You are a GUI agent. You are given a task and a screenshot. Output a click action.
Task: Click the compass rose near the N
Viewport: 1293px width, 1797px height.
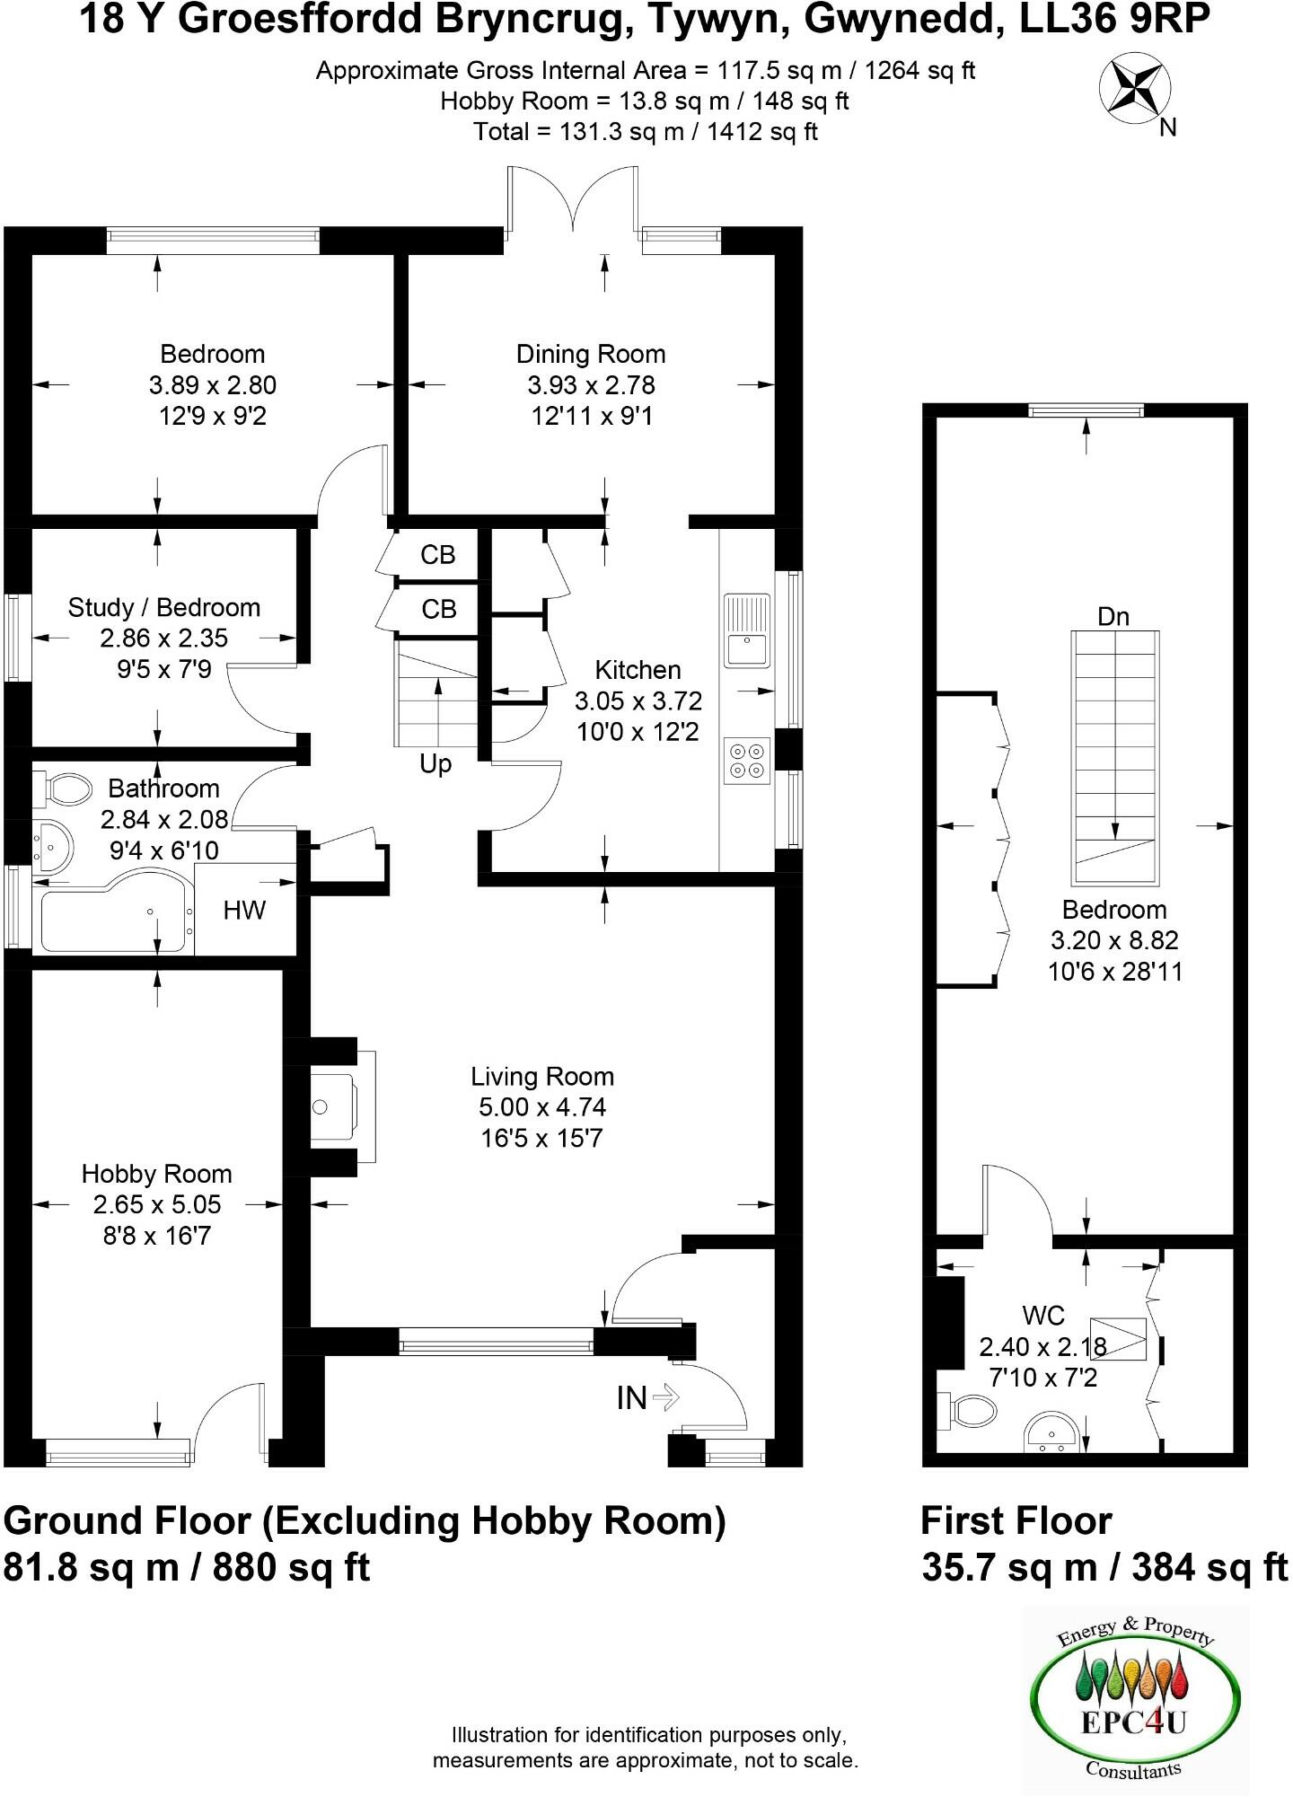click(1135, 87)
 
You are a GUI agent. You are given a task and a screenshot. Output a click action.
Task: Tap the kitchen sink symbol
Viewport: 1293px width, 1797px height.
click(747, 630)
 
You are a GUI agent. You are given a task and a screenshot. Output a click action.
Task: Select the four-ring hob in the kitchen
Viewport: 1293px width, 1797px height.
click(747, 760)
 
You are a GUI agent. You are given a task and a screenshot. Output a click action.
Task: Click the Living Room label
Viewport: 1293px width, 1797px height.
click(542, 1076)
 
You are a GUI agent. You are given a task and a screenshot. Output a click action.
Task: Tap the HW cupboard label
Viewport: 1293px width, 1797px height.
click(244, 910)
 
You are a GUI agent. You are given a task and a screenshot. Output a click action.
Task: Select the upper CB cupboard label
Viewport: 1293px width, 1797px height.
click(438, 555)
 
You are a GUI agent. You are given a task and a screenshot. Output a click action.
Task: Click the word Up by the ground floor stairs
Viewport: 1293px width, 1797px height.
click(435, 763)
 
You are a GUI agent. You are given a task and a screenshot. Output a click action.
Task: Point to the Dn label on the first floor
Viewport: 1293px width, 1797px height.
click(1113, 616)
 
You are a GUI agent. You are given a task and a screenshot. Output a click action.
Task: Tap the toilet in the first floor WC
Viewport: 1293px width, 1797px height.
click(969, 1411)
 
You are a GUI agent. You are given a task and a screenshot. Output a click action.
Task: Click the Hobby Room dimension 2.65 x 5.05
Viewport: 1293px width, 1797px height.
click(156, 1204)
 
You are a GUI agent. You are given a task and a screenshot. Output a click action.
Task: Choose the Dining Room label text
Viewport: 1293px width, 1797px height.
click(591, 354)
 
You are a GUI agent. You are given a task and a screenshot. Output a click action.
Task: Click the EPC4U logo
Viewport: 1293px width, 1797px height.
click(1136, 1701)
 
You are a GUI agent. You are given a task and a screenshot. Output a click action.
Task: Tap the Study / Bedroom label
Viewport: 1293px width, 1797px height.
click(164, 607)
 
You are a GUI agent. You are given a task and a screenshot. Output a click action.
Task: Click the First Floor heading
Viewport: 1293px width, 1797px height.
click(1016, 1521)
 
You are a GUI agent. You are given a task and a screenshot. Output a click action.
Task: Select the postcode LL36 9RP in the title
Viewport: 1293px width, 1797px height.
click(1115, 20)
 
